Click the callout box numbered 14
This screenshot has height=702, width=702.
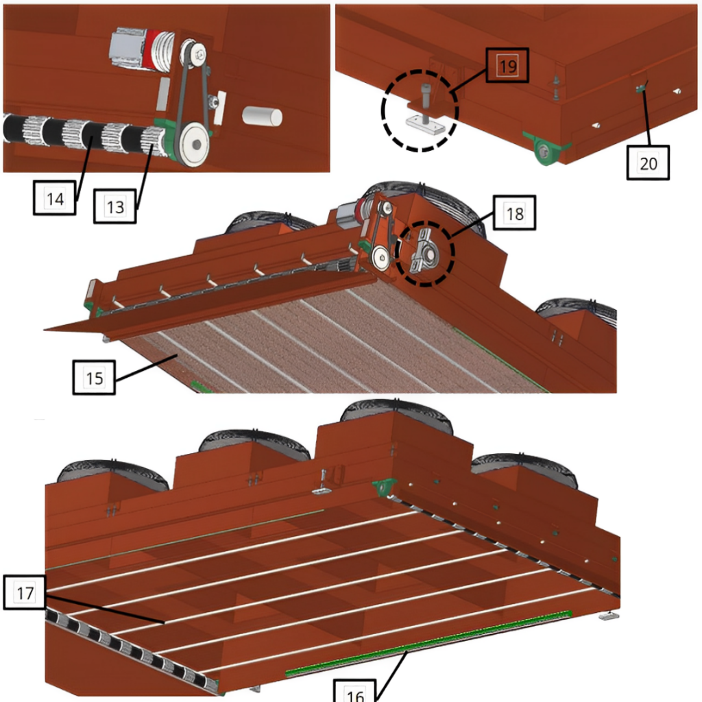tap(55, 198)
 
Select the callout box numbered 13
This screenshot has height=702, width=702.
tap(115, 206)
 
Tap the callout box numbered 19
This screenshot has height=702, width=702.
tap(508, 66)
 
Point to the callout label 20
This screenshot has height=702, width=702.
tap(648, 163)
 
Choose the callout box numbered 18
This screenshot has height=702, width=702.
tap(514, 213)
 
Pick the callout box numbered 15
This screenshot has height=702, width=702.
tap(94, 378)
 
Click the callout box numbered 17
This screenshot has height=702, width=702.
tap(25, 593)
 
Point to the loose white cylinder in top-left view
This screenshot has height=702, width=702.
tap(263, 117)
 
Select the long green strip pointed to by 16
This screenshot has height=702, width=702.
tap(428, 642)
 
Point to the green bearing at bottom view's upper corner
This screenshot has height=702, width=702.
tap(385, 486)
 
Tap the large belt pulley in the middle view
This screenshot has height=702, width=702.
tap(380, 258)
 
